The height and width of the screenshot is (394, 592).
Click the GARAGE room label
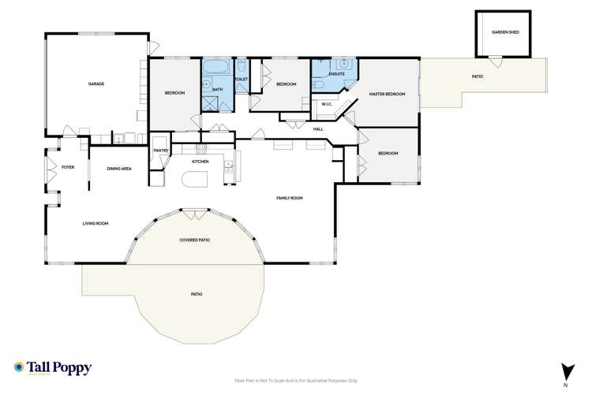[96, 84]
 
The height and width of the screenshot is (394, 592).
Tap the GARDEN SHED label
[505, 32]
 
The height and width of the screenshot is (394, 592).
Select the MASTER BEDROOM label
[388, 94]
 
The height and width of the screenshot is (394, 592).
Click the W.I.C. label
[326, 104]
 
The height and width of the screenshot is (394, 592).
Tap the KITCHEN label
[200, 162]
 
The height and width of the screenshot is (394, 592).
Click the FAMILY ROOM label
[289, 198]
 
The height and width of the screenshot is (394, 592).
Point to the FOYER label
[68, 167]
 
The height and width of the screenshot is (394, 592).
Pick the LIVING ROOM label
[96, 224]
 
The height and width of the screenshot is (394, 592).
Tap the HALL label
[318, 128]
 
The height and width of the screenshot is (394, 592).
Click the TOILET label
[242, 80]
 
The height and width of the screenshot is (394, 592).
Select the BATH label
[217, 90]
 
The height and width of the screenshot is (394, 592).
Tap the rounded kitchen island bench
[193, 180]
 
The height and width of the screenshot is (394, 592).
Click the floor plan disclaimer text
[296, 380]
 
